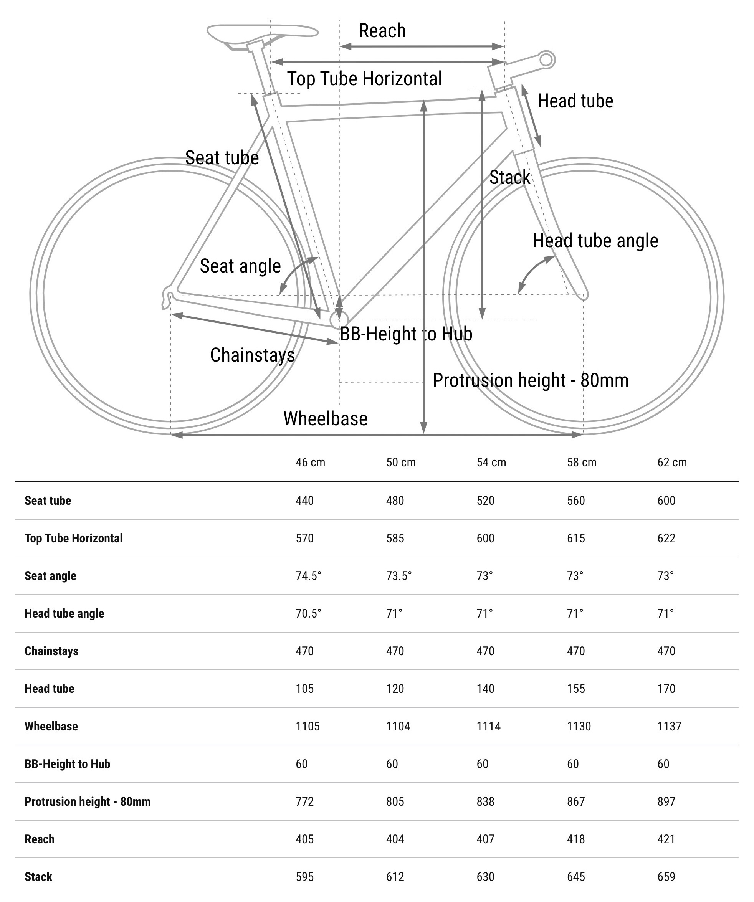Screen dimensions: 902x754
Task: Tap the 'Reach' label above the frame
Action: click(x=382, y=31)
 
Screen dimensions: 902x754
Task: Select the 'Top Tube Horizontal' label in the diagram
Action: click(x=364, y=79)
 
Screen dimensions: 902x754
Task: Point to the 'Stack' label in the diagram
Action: click(x=509, y=177)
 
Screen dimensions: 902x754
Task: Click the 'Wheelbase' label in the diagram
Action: click(x=325, y=419)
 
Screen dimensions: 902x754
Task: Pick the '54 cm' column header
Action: click(x=491, y=463)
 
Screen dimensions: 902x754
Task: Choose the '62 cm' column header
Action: click(x=672, y=463)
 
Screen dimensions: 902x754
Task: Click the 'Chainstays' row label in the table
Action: click(x=51, y=651)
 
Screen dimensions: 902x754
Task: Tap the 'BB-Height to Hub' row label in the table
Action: click(x=68, y=764)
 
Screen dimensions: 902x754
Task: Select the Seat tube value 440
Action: click(x=304, y=501)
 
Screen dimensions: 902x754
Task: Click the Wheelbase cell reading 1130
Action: click(x=579, y=726)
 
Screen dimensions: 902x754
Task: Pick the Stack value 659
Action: click(x=666, y=877)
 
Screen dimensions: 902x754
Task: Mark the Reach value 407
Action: click(x=486, y=839)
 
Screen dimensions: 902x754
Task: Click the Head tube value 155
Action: click(x=576, y=689)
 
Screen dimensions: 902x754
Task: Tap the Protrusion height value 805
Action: click(x=395, y=801)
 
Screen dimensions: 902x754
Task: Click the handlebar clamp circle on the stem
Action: click(x=546, y=60)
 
